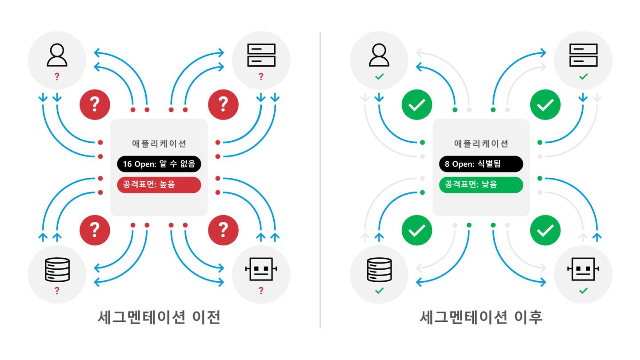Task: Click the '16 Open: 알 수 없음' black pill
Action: (159, 164)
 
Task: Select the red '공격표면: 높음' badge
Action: (159, 184)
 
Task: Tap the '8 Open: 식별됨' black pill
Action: (481, 164)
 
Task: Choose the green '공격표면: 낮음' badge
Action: (481, 184)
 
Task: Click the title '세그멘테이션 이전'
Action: (159, 317)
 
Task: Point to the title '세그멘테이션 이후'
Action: (481, 317)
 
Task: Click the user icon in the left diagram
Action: (57, 55)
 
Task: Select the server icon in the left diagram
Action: (261, 55)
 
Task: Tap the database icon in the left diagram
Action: (57, 270)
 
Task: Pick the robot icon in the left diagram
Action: (261, 269)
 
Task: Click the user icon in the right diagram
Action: (379, 55)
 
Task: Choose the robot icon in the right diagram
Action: (583, 269)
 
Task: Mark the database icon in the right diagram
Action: (380, 270)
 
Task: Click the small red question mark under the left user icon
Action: (57, 77)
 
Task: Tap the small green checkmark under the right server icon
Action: (583, 77)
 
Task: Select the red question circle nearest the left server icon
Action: (223, 104)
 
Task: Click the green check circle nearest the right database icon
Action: (416, 230)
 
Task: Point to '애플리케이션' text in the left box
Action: (159, 144)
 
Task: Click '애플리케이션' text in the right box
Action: (481, 144)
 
